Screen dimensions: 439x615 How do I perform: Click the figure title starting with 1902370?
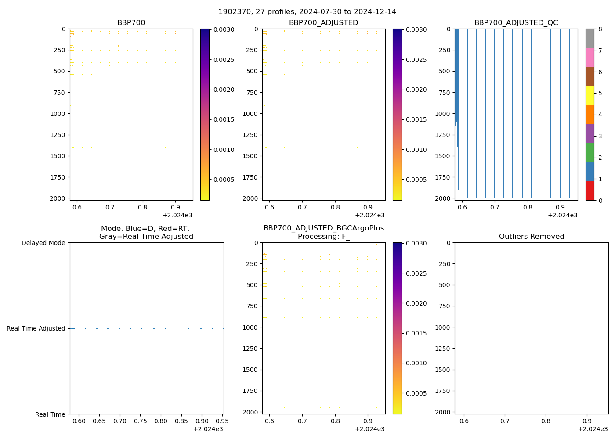click(x=307, y=11)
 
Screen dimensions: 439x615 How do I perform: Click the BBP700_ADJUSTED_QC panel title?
click(x=516, y=23)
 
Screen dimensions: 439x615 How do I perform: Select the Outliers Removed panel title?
click(x=531, y=237)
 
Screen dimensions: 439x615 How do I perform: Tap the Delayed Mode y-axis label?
click(x=43, y=243)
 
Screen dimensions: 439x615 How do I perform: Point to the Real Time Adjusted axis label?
click(x=36, y=328)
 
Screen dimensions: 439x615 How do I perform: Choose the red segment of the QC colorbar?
click(x=590, y=191)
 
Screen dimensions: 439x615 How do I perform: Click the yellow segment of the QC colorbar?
click(x=590, y=95)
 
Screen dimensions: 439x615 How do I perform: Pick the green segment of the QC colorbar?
click(x=590, y=152)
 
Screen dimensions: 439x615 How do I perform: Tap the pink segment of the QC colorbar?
click(x=590, y=57)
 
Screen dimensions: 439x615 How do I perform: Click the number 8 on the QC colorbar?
click(x=600, y=29)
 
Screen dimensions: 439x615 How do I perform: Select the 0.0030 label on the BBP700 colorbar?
click(x=224, y=29)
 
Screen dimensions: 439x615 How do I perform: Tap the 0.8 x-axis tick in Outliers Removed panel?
click(x=545, y=421)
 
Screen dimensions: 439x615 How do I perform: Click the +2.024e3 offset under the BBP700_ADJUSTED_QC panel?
click(x=562, y=215)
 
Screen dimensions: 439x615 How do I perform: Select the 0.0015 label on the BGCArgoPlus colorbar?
click(x=416, y=333)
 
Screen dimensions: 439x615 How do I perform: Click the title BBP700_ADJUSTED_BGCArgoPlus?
click(x=323, y=228)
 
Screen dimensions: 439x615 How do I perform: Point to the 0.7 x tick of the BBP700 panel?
click(x=109, y=207)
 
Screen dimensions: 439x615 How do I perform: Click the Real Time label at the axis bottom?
click(x=50, y=414)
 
